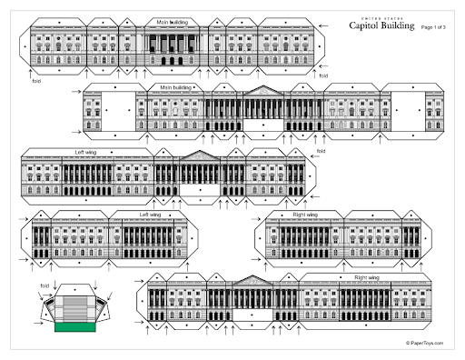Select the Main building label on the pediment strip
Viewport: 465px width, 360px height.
click(178, 87)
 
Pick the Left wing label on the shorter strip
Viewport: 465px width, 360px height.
click(150, 215)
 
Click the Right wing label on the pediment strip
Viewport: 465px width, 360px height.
click(366, 276)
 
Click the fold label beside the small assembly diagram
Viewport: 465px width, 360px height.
click(44, 285)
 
